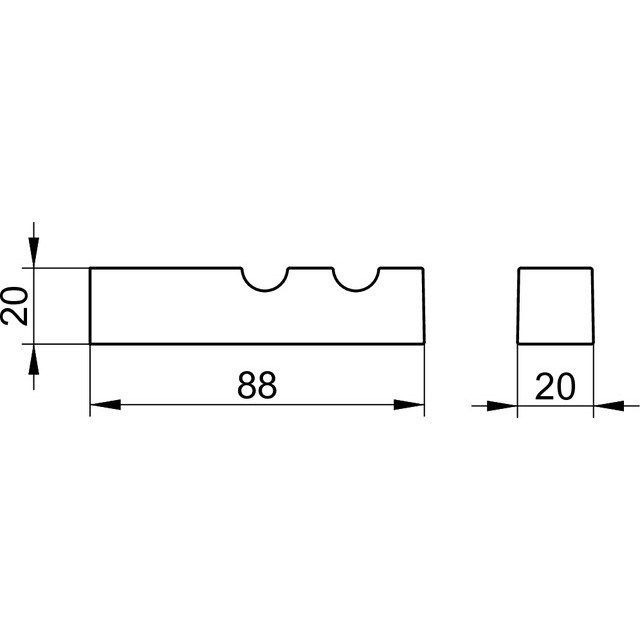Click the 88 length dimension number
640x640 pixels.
point(257,384)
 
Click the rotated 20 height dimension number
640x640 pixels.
point(15,306)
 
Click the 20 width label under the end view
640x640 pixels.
point(555,386)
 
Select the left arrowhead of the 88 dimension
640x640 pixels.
point(105,405)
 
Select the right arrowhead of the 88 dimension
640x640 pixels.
point(409,405)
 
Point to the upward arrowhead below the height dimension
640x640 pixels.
point(33,359)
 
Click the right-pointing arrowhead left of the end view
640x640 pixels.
point(502,406)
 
